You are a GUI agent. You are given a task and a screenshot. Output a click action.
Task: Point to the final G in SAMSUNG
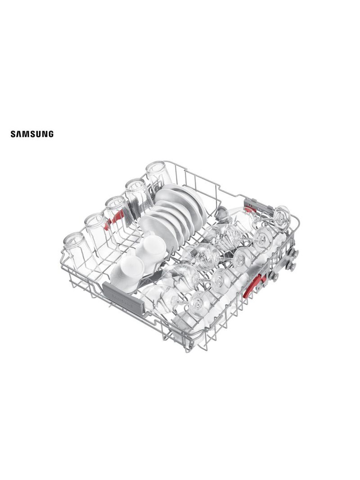[51, 134]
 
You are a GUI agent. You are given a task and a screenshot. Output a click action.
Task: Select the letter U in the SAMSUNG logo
[39, 134]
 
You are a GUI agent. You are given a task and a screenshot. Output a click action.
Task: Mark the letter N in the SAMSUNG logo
[45, 134]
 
